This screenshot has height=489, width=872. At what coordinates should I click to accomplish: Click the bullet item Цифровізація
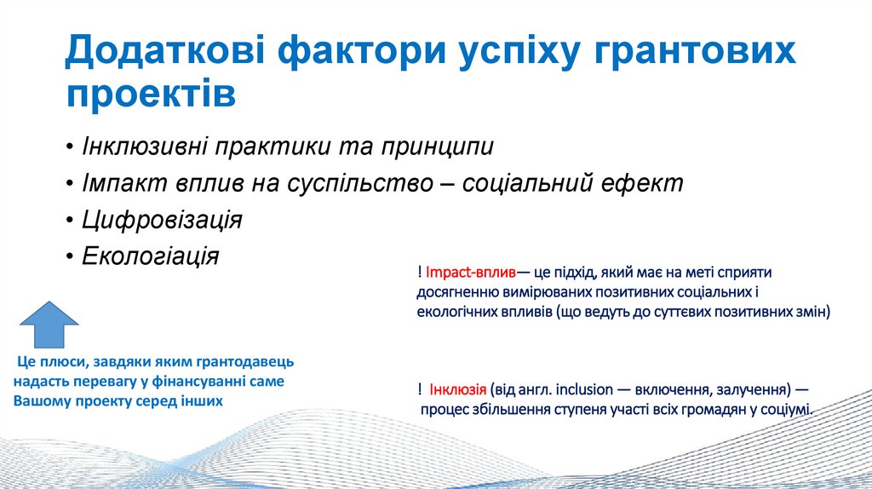[x=162, y=219]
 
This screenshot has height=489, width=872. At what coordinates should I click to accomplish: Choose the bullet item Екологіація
[x=150, y=256]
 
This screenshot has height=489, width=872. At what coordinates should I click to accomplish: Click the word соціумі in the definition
[x=787, y=409]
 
